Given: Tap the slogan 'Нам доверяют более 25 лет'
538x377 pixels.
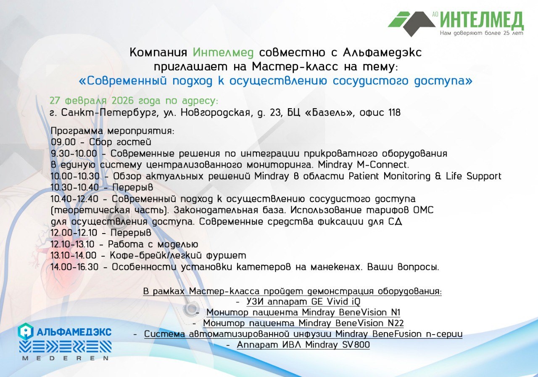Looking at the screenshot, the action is tap(481, 33).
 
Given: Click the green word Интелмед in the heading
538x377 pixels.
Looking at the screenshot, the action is tap(223, 53).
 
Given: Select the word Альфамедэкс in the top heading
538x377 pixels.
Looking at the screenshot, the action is tap(382, 53).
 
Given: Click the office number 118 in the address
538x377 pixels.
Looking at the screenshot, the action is tap(394, 112).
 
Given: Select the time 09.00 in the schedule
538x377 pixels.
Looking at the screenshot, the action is tap(63, 142).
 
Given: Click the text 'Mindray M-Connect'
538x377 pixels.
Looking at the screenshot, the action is tap(363, 165).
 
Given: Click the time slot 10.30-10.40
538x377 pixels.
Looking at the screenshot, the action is tap(75, 187).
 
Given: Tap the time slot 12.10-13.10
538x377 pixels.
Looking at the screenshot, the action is tap(73, 244).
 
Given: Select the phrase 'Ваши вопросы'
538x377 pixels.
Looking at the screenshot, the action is tap(403, 267).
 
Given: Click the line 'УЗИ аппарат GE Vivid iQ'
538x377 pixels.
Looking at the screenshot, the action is tap(303, 302).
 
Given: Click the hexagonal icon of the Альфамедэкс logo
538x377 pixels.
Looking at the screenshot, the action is tap(26, 332).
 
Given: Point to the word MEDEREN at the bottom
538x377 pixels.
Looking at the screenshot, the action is tap(66, 358).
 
